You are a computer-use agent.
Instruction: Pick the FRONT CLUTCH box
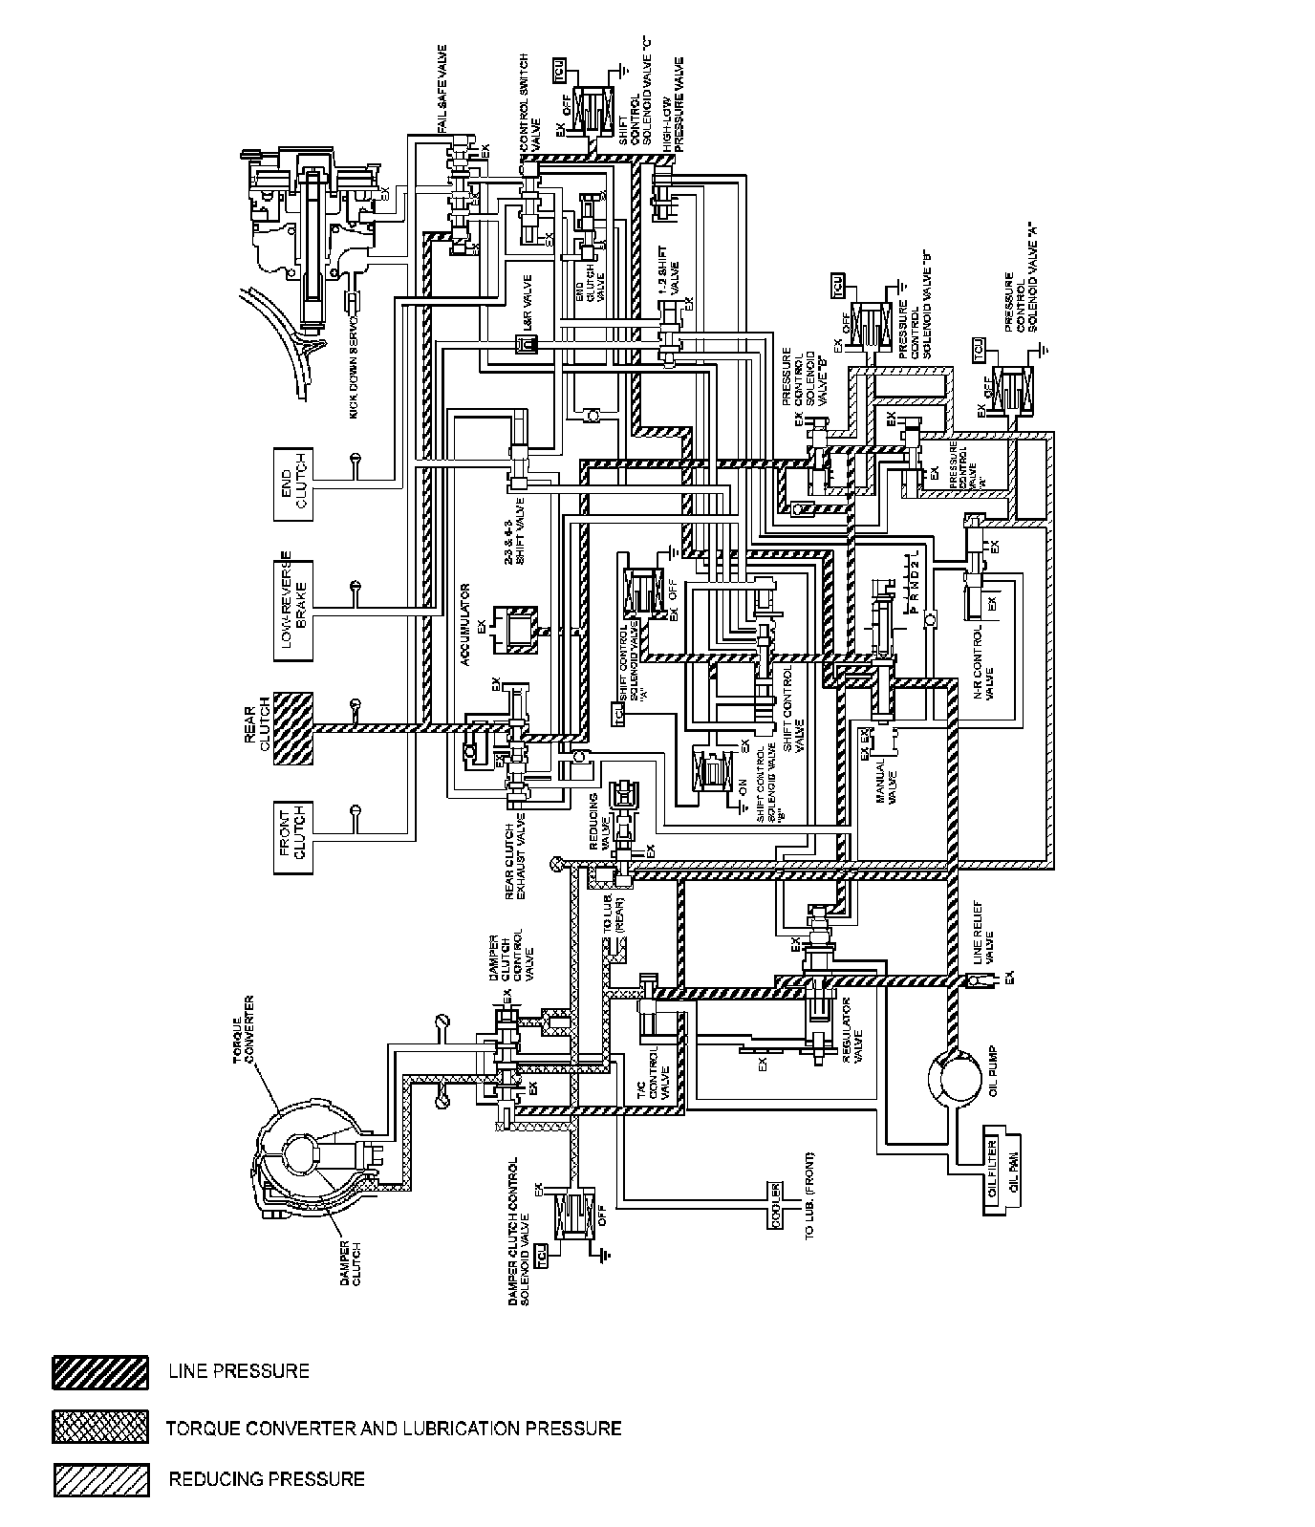tap(293, 836)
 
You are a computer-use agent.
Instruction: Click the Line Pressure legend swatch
tap(100, 1372)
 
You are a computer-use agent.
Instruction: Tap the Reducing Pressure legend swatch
tap(100, 1480)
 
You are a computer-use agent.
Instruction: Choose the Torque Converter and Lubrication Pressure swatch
tap(100, 1427)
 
